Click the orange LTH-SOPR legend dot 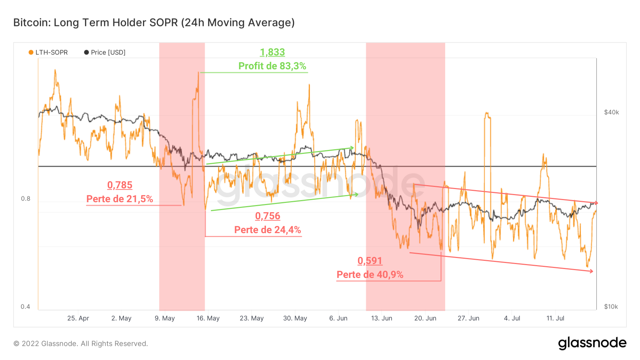pyautogui.click(x=31, y=53)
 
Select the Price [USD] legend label pyautogui.click(x=108, y=53)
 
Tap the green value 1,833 pyautogui.click(x=272, y=52)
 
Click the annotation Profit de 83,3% pyautogui.click(x=272, y=66)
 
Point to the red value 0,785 pyautogui.click(x=120, y=185)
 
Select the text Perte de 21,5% pyautogui.click(x=120, y=199)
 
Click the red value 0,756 pyautogui.click(x=268, y=216)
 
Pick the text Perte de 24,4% pyautogui.click(x=268, y=230)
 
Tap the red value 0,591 pyautogui.click(x=370, y=261)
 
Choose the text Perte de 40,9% pyautogui.click(x=370, y=275)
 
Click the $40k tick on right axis pyautogui.click(x=612, y=112)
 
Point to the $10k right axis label pyautogui.click(x=611, y=307)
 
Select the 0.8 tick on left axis pyautogui.click(x=26, y=199)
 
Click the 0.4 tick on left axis pyautogui.click(x=25, y=307)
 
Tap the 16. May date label pyautogui.click(x=208, y=318)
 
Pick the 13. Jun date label pyautogui.click(x=382, y=318)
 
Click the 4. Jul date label pyautogui.click(x=512, y=318)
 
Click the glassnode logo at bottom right pyautogui.click(x=592, y=343)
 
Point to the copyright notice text pyautogui.click(x=81, y=344)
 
